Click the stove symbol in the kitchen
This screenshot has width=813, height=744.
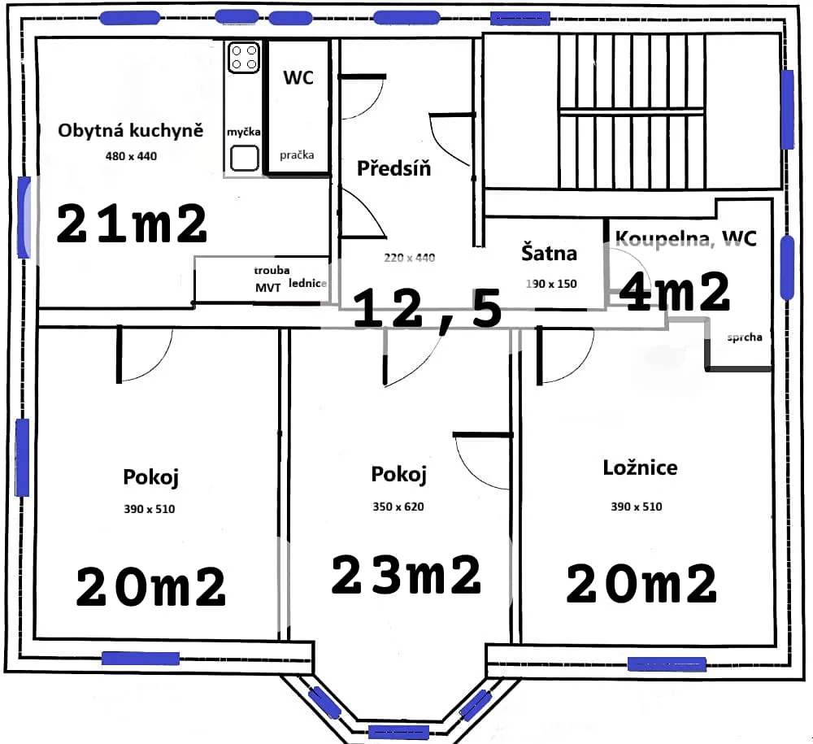pos(244,57)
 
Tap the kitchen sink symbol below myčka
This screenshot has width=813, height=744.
pos(244,158)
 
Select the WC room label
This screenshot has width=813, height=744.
pos(298,78)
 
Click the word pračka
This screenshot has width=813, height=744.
pos(297,155)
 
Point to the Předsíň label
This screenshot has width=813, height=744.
pos(394,168)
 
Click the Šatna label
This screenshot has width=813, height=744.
pos(549,252)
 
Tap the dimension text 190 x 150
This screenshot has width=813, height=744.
pos(551,284)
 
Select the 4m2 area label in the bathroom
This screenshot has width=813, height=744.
pos(675,291)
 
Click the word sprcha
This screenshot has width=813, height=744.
pos(745,337)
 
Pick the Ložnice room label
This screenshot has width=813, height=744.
pos(641,468)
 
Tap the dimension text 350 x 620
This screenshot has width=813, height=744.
pos(398,507)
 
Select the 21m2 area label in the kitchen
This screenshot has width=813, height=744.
pos(132,224)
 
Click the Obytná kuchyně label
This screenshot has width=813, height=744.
pos(131,130)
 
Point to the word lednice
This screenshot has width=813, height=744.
pos(307,283)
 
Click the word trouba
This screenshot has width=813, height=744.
pos(272,270)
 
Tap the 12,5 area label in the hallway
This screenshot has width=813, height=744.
pos(428,310)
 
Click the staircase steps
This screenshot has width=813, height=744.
pos(632,111)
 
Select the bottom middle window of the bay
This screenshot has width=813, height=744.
pos(398,732)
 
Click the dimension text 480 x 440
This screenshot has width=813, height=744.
pos(131,156)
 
